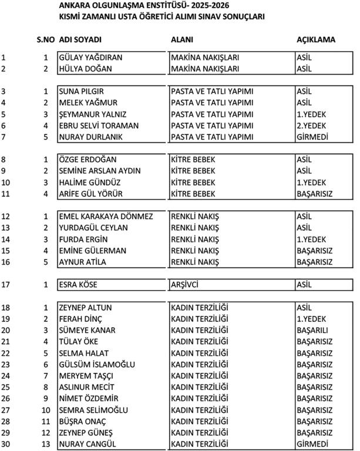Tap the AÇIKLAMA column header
click(316, 40)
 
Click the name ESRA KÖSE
click(78, 285)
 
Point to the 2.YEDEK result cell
click(311, 126)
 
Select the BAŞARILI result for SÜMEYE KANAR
click(312, 330)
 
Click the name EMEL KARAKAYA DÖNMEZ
click(106, 216)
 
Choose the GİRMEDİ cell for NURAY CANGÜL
click(312, 444)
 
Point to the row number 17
click(6, 285)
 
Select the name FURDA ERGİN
click(83, 239)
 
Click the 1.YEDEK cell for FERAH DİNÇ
click(311, 319)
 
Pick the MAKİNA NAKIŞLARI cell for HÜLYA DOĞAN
click(205, 69)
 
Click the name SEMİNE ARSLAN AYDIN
click(100, 171)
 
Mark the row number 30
click(6, 444)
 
